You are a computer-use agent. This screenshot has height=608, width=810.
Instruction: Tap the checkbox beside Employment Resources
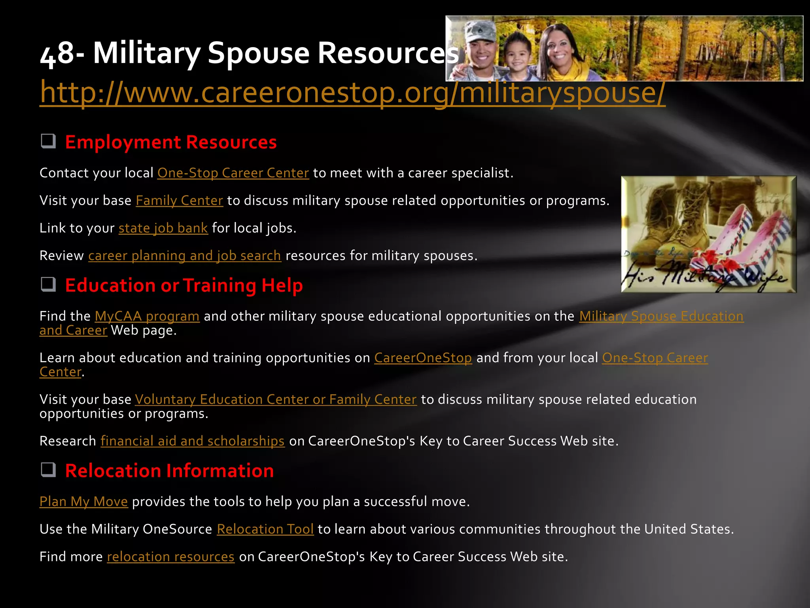pyautogui.click(x=48, y=141)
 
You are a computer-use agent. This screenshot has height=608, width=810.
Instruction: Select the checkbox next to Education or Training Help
pyautogui.click(x=48, y=284)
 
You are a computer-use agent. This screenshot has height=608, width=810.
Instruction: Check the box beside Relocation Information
pyautogui.click(x=48, y=470)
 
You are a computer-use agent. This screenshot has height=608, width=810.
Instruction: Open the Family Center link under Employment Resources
pyautogui.click(x=179, y=201)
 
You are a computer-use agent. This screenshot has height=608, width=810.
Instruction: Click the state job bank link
pyautogui.click(x=163, y=228)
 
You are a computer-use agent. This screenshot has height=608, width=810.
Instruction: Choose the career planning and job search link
pyautogui.click(x=184, y=256)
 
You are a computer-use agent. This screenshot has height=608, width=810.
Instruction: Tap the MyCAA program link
pyautogui.click(x=147, y=316)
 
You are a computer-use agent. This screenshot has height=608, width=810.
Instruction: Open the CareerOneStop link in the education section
pyautogui.click(x=423, y=358)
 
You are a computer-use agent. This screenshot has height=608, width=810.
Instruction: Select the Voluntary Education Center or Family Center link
pyautogui.click(x=276, y=399)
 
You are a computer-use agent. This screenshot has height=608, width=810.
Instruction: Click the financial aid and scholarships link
pyautogui.click(x=192, y=441)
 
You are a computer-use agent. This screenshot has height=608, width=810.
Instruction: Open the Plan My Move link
pyautogui.click(x=83, y=502)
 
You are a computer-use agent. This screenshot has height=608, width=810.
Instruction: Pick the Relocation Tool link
pyautogui.click(x=265, y=529)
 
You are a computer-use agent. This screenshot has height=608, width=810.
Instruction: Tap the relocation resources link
pyautogui.click(x=170, y=557)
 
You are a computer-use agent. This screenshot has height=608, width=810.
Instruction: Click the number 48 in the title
pyautogui.click(x=57, y=53)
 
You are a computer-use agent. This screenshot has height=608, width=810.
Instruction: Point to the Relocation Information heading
pyautogui.click(x=169, y=471)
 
